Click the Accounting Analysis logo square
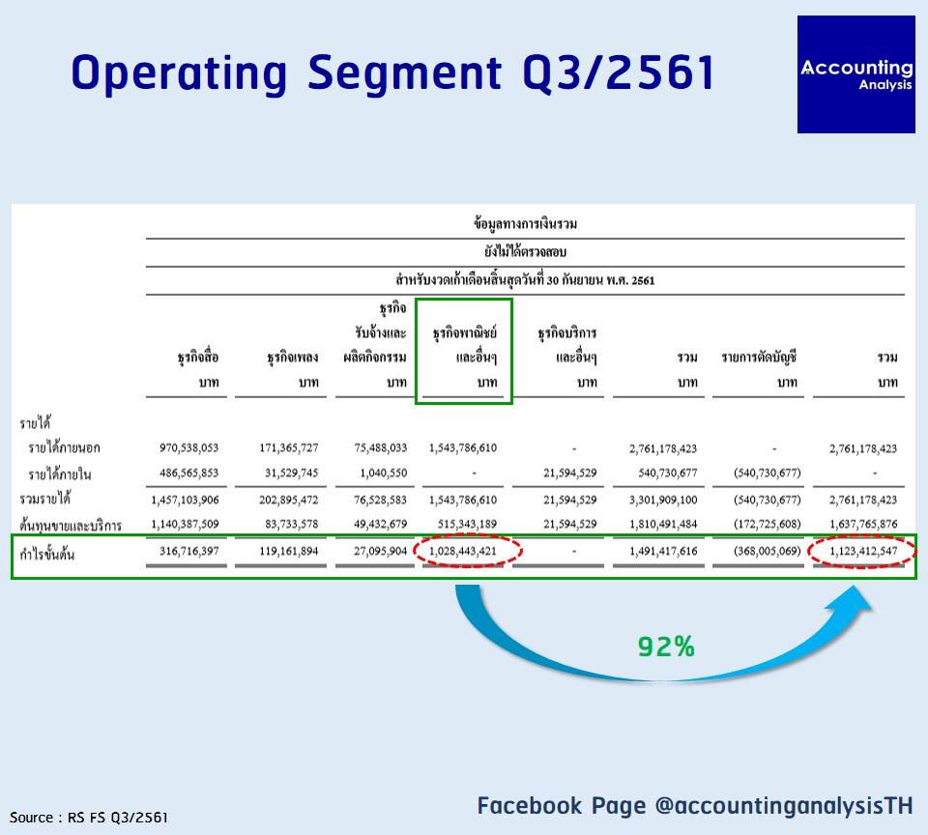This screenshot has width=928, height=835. click(855, 74)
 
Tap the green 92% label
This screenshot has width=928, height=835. click(666, 647)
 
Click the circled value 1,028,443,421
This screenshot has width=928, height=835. click(463, 551)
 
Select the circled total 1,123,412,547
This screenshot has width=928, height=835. click(863, 551)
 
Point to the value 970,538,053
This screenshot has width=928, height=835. click(188, 448)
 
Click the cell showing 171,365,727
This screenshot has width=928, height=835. click(289, 448)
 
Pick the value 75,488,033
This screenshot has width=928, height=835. click(381, 448)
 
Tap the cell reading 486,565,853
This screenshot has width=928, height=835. click(188, 473)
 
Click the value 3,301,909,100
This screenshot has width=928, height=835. click(663, 500)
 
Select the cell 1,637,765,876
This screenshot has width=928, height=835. click(863, 525)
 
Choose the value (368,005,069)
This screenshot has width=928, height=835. click(767, 551)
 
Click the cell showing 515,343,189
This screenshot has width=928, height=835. click(467, 525)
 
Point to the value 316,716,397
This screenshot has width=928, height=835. click(188, 551)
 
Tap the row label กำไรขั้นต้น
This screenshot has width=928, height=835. click(46, 554)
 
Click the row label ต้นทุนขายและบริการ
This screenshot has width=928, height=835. click(71, 525)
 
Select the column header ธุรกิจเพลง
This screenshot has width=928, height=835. click(292, 357)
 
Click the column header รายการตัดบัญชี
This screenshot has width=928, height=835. click(759, 358)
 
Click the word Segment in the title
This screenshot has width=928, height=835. click(405, 73)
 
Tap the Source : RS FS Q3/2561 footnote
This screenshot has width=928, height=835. click(89, 818)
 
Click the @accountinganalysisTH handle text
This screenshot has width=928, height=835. click(784, 805)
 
